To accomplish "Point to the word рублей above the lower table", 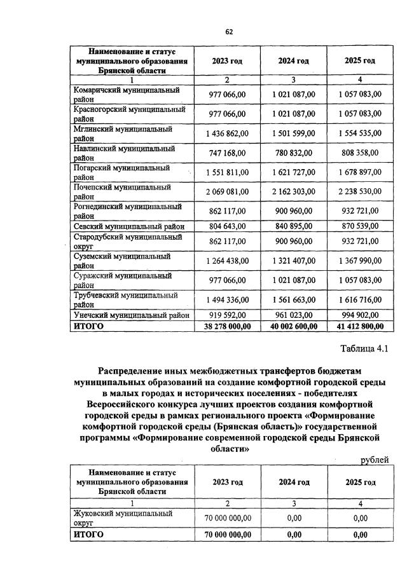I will click(373, 460).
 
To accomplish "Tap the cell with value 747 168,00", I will click(228, 153).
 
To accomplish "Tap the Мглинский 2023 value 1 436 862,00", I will click(228, 133).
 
